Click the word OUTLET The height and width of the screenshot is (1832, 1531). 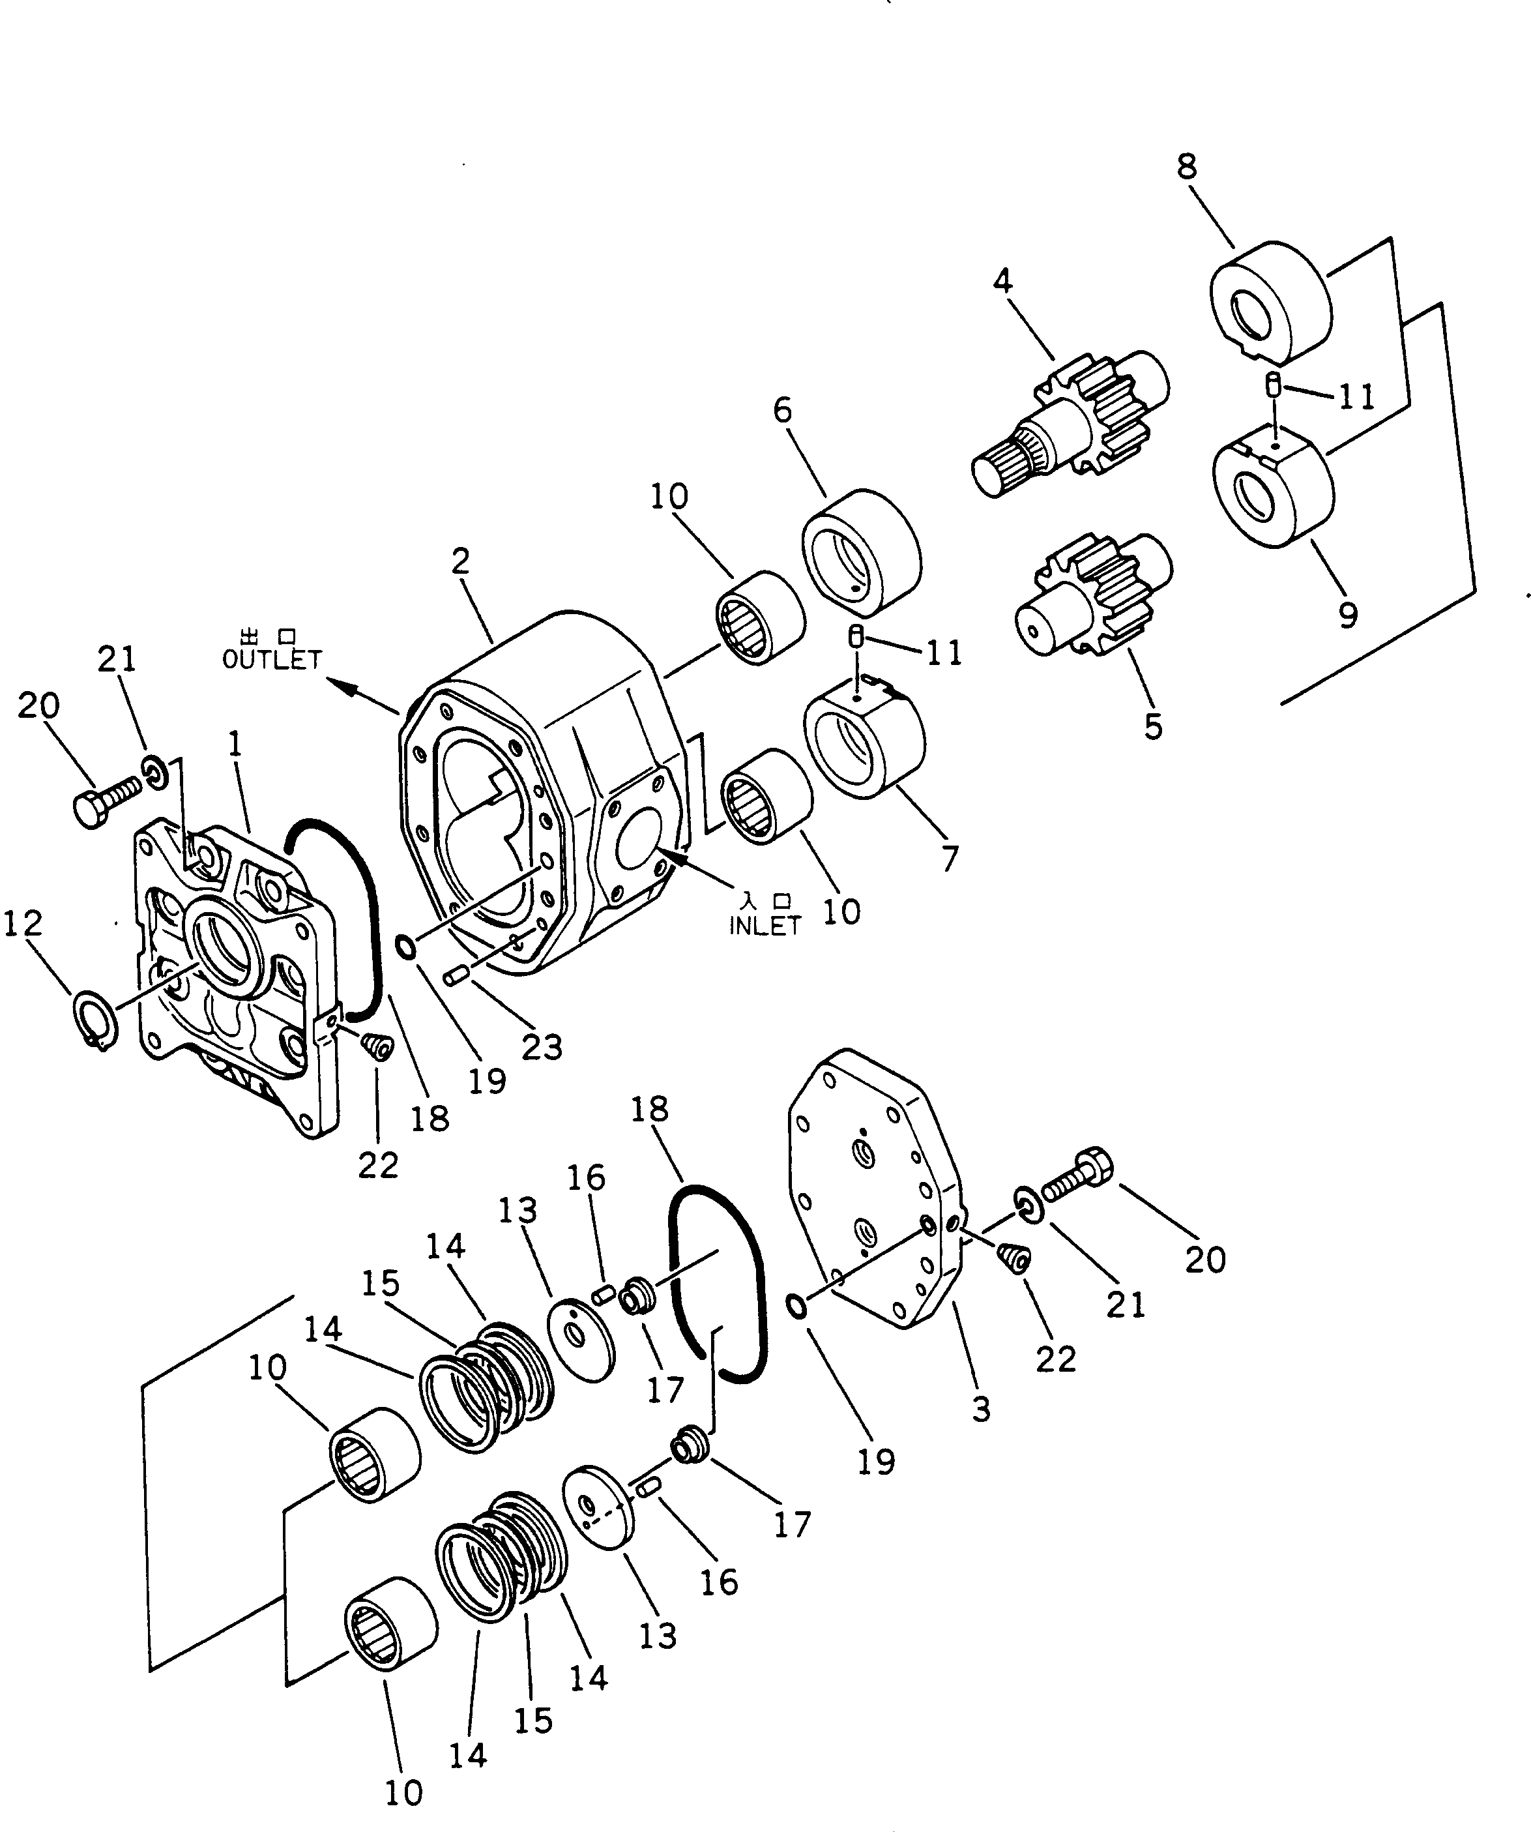click(272, 660)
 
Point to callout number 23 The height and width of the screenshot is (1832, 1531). click(542, 1048)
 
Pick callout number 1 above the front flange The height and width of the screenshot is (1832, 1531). click(235, 744)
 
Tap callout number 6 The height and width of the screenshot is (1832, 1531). click(783, 410)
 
